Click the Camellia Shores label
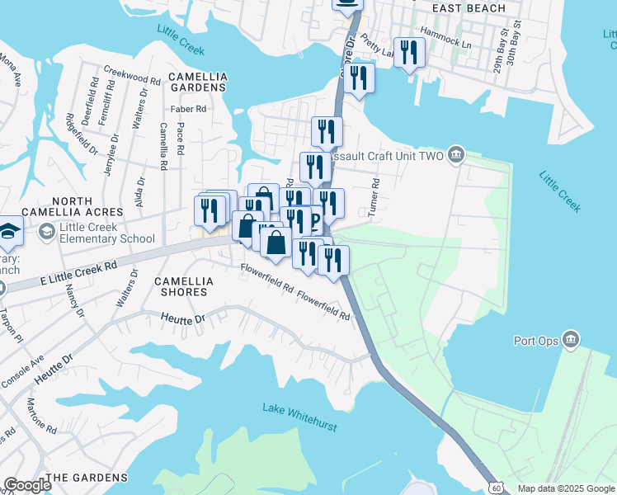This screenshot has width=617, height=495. (x=185, y=287)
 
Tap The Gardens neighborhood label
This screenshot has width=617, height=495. (x=87, y=478)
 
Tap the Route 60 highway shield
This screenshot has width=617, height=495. (x=495, y=488)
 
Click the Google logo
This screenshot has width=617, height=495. (x=27, y=485)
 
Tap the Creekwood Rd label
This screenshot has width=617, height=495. (x=132, y=78)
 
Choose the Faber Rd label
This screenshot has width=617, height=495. (x=188, y=108)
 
